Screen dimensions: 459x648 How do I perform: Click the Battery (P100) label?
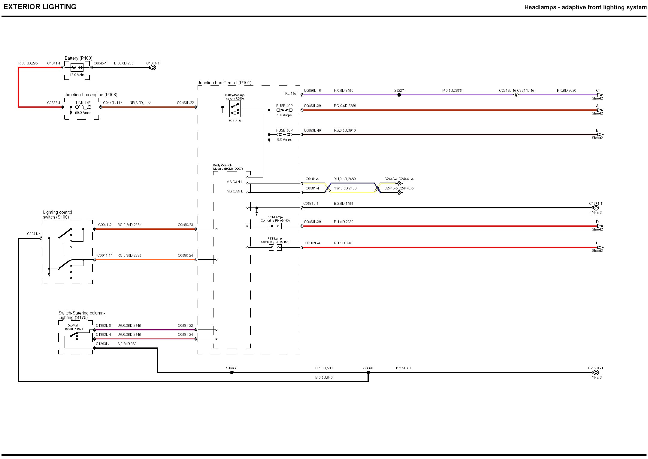coord(78,58)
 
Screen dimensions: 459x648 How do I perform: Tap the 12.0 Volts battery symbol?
coord(77,67)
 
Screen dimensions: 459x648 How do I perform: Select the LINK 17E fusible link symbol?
coord(83,107)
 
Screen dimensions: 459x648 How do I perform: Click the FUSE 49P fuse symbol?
coord(284,110)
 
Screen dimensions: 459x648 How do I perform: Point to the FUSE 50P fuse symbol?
coord(284,135)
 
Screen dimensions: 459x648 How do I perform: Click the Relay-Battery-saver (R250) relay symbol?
coord(235,109)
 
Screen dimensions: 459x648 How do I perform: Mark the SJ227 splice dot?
coord(399,95)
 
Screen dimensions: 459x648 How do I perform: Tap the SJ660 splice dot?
coord(368,373)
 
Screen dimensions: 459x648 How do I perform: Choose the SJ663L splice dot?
coord(232,373)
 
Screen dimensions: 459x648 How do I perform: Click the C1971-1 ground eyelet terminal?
coord(596,208)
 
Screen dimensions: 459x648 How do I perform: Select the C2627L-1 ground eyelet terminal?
coord(596,373)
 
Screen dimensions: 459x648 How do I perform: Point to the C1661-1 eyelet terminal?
coord(153,67)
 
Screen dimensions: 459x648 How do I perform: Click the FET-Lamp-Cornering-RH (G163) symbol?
coord(275,226)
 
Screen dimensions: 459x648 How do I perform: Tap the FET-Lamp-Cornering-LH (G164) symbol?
coord(275,247)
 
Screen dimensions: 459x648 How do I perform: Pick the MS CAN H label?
coord(235,182)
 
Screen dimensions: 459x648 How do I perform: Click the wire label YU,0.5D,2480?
coord(345,179)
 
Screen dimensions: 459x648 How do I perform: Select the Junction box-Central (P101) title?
coord(224,83)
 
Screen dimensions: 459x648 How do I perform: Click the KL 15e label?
coord(290,94)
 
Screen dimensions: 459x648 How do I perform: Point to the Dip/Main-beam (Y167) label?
coord(74,327)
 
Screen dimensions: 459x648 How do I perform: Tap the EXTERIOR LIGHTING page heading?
coord(40,7)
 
